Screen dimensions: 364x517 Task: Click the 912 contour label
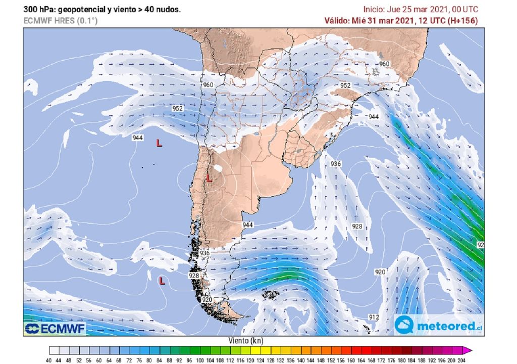click(x=374, y=317)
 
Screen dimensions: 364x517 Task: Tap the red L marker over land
click(x=209, y=178)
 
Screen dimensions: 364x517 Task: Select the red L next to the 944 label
click(x=159, y=144)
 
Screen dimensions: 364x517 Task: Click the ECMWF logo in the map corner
click(x=55, y=328)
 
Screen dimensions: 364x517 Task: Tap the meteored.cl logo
click(x=437, y=326)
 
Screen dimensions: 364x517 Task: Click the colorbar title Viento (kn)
click(x=246, y=341)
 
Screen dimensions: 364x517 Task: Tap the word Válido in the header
click(x=337, y=20)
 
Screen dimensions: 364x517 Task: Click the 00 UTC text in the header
click(x=462, y=9)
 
